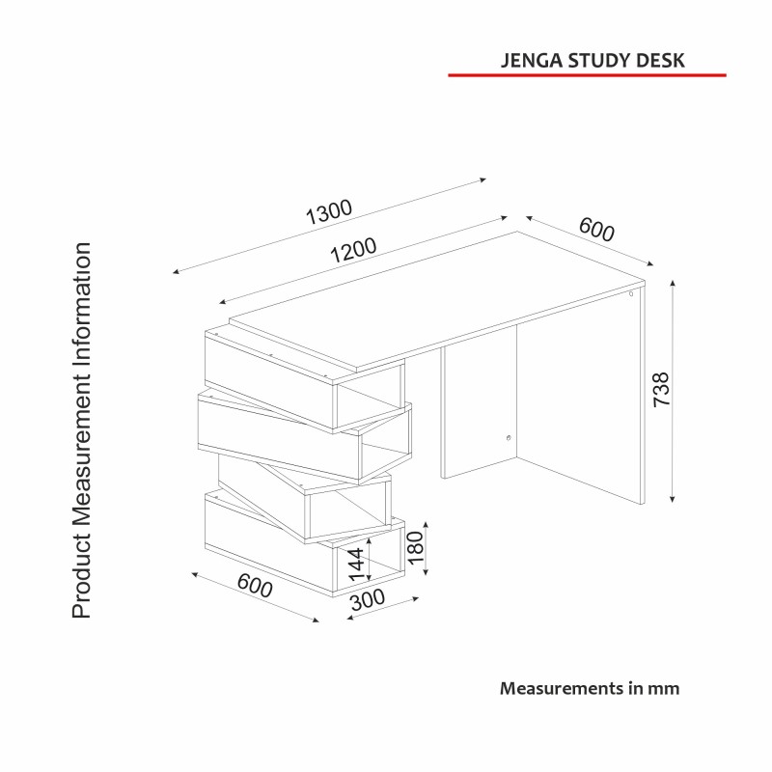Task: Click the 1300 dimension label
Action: pos(330,211)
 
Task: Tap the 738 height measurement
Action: pos(661,390)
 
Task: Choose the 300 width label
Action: pos(367,599)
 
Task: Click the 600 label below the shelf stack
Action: pos(255,585)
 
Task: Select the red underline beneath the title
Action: pos(587,74)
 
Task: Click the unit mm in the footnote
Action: pos(667,688)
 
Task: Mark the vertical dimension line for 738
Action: pos(674,390)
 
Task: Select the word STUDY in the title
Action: pos(595,60)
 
